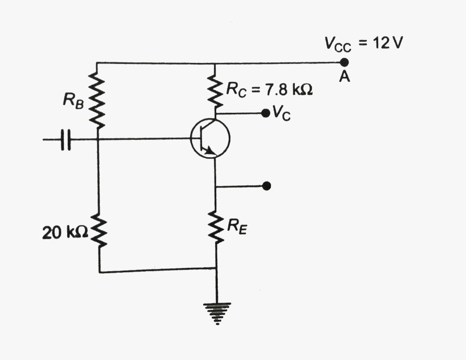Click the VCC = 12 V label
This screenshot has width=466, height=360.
pyautogui.click(x=363, y=44)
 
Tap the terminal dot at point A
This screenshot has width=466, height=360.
pyautogui.click(x=345, y=63)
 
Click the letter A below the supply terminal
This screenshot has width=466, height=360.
pyautogui.click(x=345, y=77)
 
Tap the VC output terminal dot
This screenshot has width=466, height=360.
pyautogui.click(x=265, y=113)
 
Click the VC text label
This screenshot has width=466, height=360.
pyautogui.click(x=281, y=113)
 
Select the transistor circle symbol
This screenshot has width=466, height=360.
pyautogui.click(x=210, y=138)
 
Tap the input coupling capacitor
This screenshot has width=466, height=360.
pyautogui.click(x=66, y=139)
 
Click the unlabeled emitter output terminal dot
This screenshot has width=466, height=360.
pyautogui.click(x=266, y=186)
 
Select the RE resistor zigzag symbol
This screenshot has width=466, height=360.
pyautogui.click(x=216, y=228)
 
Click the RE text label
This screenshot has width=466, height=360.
pyautogui.click(x=237, y=228)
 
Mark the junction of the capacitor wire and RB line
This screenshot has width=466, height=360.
pyautogui.click(x=99, y=139)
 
